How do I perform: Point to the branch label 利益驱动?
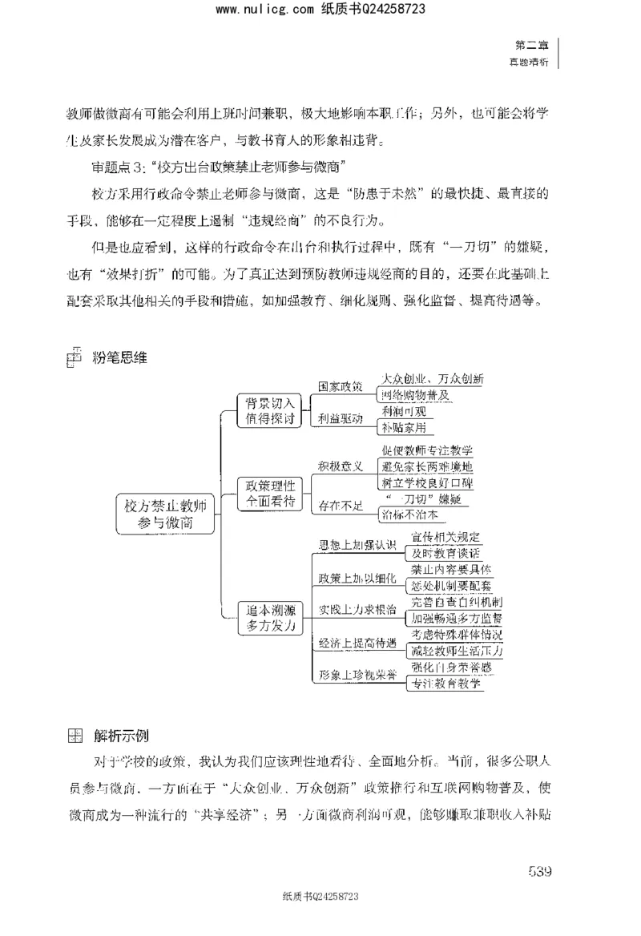pos(341,419)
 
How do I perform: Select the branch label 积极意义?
pos(341,466)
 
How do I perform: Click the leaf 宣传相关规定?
pos(445,536)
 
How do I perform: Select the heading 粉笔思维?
pos(120,358)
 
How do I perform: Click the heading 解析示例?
pos(120,736)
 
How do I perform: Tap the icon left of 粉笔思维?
pos(73,358)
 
